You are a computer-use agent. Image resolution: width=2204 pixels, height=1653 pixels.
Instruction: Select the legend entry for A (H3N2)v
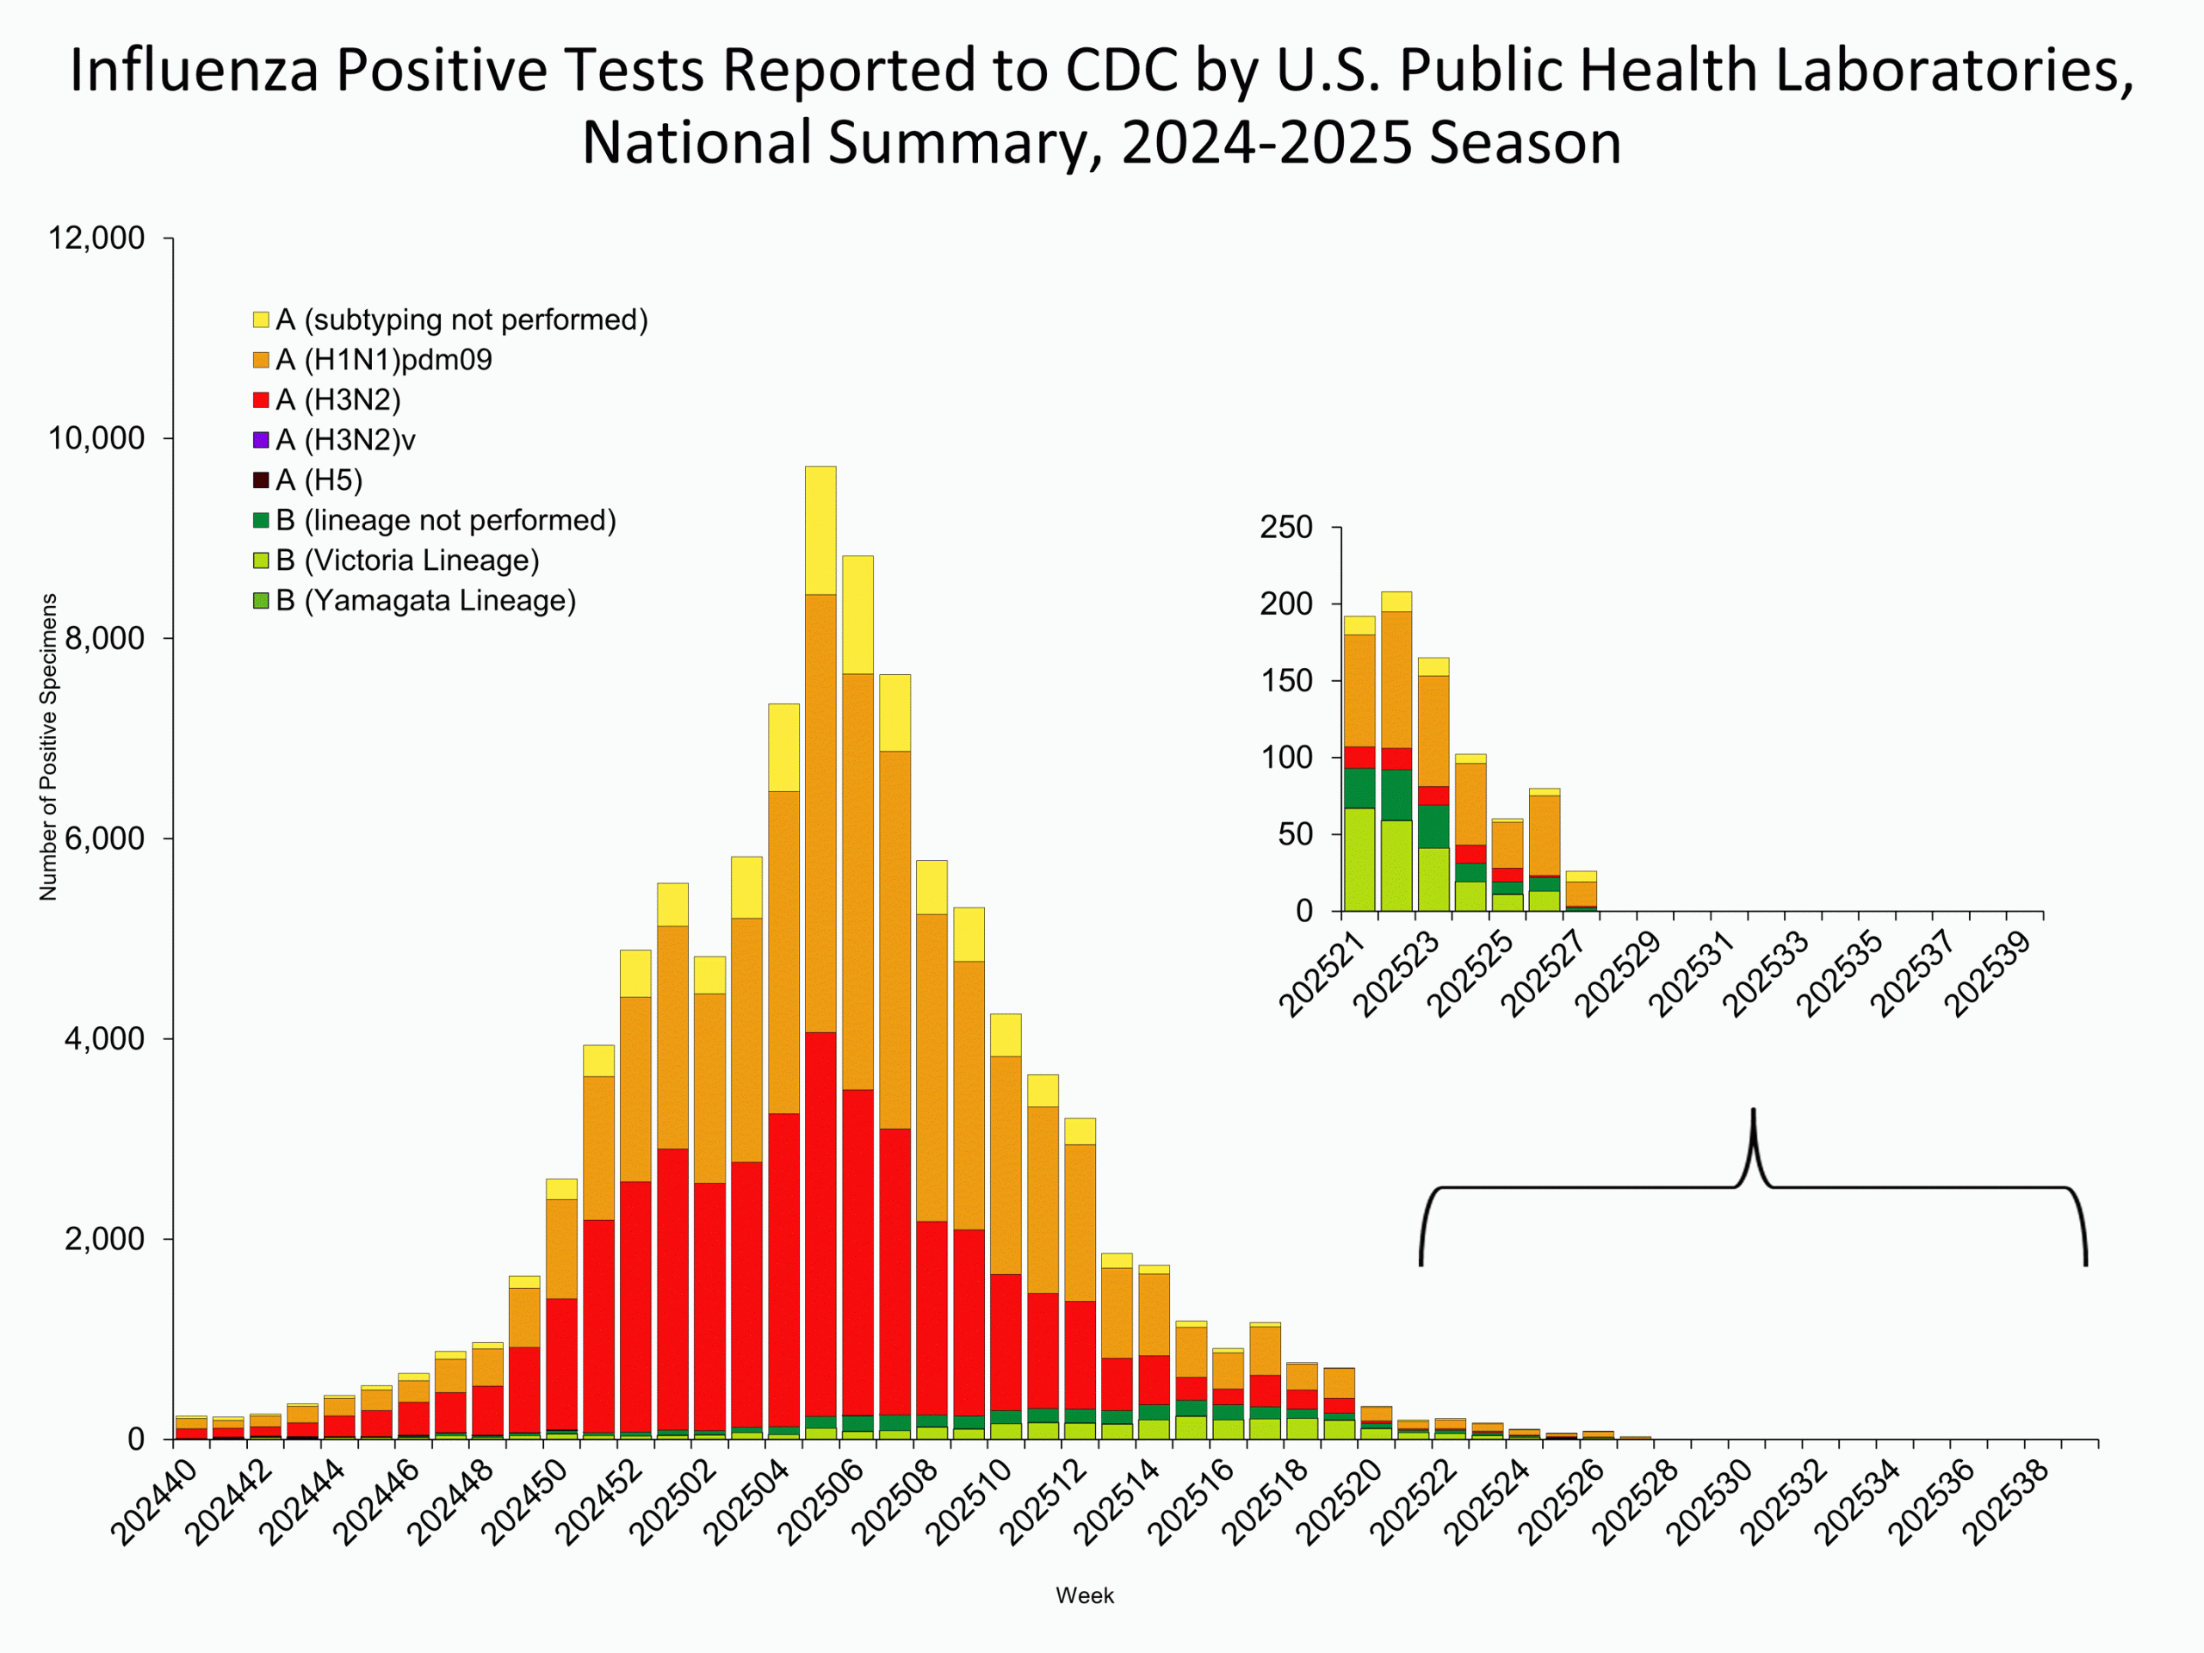tap(344, 439)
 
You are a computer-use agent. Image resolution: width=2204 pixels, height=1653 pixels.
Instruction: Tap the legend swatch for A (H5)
tap(261, 480)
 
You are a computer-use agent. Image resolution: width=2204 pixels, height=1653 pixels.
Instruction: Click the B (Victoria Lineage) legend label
tap(406, 560)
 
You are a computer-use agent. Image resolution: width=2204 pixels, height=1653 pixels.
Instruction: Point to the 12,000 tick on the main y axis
tap(96, 238)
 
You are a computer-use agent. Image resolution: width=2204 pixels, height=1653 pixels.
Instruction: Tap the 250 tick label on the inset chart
tap(1285, 527)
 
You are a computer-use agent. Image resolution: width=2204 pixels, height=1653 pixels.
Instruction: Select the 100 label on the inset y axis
tap(1285, 758)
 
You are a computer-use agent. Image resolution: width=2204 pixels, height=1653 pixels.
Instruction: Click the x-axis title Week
tap(1084, 1595)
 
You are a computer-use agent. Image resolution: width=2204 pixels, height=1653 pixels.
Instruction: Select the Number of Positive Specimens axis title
tap(48, 747)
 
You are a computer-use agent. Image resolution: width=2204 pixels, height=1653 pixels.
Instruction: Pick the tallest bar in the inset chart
tap(1396, 758)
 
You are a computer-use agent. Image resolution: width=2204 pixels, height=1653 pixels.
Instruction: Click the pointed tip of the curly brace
tap(1753, 1111)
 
